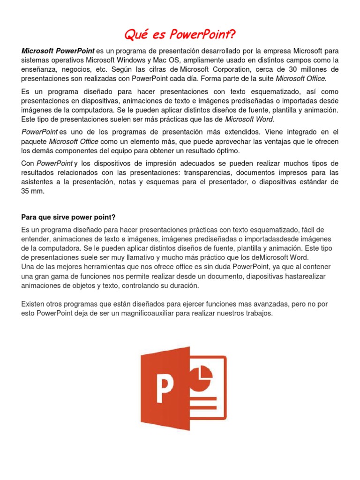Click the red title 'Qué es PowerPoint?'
click(x=180, y=34)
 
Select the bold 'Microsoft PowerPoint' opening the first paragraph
click(x=58, y=51)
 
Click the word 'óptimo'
click(x=228, y=150)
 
